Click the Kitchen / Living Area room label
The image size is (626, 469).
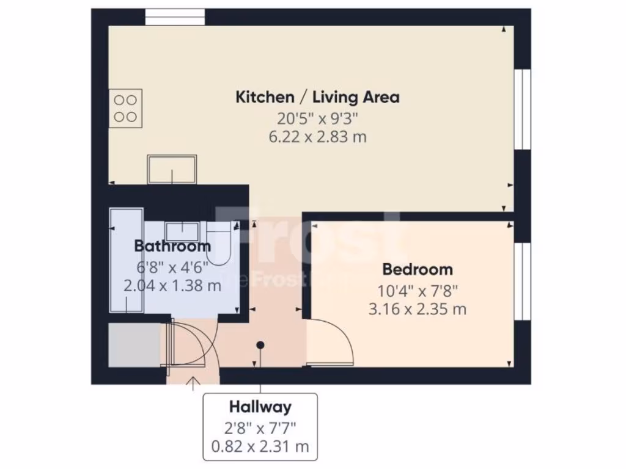317,96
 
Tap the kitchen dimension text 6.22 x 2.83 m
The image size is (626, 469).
317,137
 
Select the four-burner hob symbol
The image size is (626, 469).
126,108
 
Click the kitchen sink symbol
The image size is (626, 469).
172,169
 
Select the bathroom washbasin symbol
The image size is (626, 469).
182,231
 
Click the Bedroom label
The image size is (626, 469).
418,269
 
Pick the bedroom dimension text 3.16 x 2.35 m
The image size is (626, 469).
418,309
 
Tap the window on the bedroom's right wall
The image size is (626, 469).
521,281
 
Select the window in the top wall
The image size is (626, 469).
175,17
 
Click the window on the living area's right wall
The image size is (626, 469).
521,109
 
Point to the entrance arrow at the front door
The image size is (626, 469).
193,384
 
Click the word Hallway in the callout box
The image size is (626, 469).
260,406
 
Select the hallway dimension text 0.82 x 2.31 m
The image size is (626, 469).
260,446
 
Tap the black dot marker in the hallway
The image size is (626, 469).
260,345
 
